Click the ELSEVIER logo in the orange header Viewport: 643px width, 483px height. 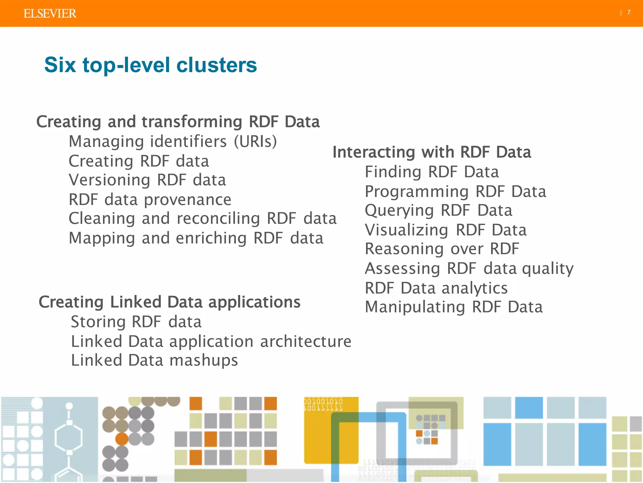(50, 14)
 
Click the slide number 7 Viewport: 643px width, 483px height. (629, 13)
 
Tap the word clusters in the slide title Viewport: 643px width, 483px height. (217, 65)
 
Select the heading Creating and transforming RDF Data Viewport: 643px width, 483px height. (178, 122)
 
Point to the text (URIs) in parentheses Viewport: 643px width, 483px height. (256, 142)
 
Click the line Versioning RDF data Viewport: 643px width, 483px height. (147, 180)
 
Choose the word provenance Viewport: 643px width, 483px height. (188, 200)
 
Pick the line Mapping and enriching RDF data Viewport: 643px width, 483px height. (196, 238)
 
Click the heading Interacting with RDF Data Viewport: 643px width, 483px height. (432, 152)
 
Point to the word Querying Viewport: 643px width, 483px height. (399, 211)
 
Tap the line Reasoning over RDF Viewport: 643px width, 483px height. (442, 249)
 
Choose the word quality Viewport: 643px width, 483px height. (548, 269)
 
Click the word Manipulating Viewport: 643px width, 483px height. (415, 307)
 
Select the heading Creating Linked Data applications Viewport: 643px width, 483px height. (170, 302)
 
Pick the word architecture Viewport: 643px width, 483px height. (306, 341)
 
